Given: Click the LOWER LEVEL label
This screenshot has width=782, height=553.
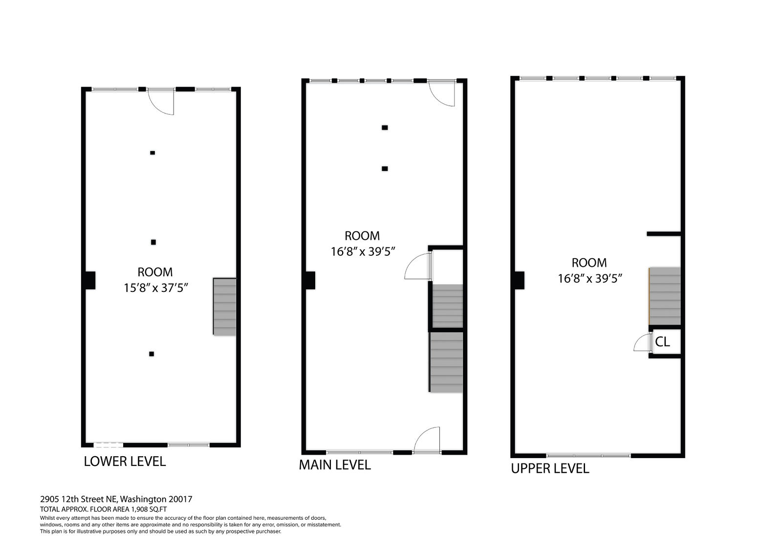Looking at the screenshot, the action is point(125,462).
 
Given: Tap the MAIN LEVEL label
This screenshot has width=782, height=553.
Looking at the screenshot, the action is point(335,465).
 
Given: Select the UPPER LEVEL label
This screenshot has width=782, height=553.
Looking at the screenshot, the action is point(550,468).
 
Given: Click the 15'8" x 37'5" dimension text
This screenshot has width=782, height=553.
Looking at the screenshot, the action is point(156,288).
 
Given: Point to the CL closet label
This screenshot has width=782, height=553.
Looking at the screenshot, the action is point(662,342).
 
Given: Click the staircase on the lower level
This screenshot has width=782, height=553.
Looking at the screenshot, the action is point(224,307).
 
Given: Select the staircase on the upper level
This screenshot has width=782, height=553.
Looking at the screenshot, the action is point(664,296).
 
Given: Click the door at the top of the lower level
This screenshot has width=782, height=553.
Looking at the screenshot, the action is point(161,102).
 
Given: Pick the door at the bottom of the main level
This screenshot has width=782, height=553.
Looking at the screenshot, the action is point(427,440).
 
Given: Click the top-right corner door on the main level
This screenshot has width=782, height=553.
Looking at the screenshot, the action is point(442,93).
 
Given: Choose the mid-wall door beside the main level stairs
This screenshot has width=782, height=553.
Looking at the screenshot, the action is point(418,266).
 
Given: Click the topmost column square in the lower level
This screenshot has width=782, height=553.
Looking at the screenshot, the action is point(152,153).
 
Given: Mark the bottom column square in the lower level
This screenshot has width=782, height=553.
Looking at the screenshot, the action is point(152,354).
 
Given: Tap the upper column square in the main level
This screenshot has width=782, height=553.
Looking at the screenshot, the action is point(385,128).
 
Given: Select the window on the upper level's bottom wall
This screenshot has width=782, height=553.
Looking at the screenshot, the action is point(588,456).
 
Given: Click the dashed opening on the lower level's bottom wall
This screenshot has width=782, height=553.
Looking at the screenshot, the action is point(108,445).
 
